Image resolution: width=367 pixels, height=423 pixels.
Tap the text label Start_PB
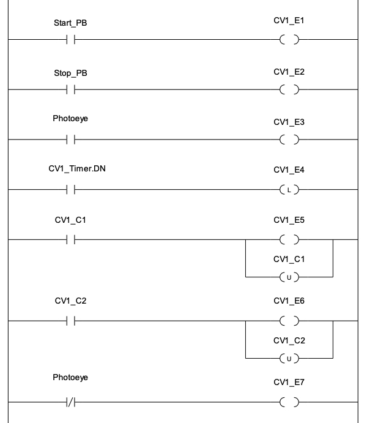pos(70,23)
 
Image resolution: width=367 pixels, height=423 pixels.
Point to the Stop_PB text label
pos(70,73)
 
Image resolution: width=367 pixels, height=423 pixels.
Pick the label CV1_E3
pos(289,122)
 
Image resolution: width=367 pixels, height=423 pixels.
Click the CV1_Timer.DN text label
pos(77,168)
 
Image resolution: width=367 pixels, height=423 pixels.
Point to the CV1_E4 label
pos(289,170)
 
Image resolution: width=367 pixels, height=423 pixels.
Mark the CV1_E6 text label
pos(289,301)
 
